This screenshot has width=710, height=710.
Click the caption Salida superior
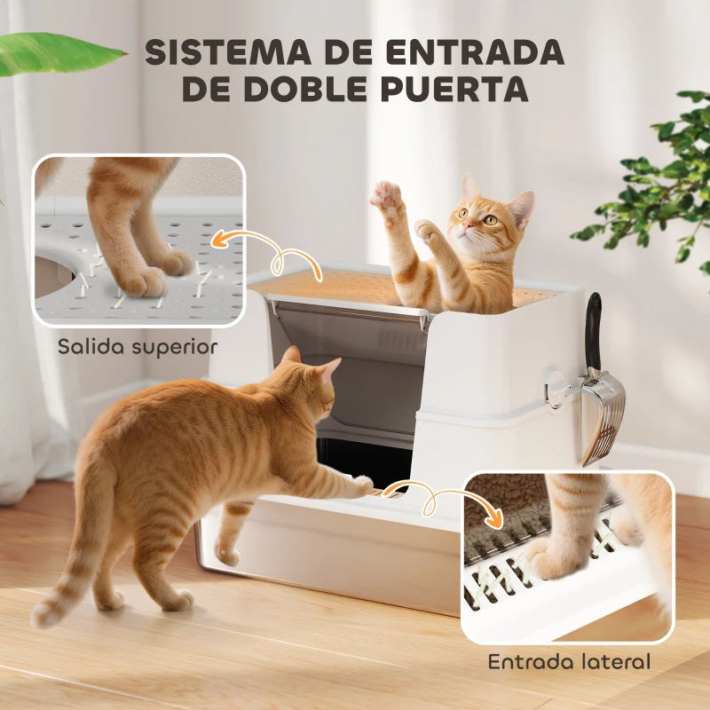(137, 345)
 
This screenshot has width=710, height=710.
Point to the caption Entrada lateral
(569, 661)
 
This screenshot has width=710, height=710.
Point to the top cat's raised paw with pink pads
(387, 195)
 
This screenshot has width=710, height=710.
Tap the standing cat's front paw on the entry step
(361, 485)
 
